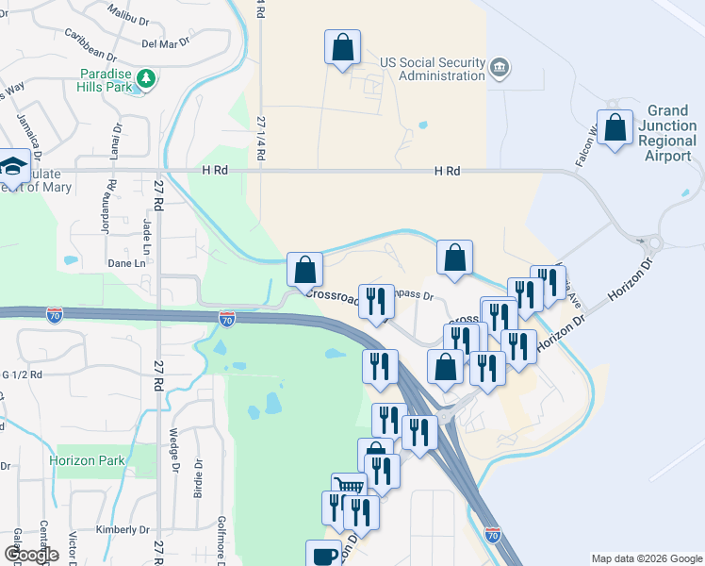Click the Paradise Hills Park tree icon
[145, 79]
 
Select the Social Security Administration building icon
[500, 67]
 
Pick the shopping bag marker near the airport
[615, 129]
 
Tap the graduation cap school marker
[13, 167]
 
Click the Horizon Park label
[86, 461]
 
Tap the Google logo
[31, 555]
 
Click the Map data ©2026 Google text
[647, 558]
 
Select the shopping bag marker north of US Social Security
[342, 47]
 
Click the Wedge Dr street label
[174, 452]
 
